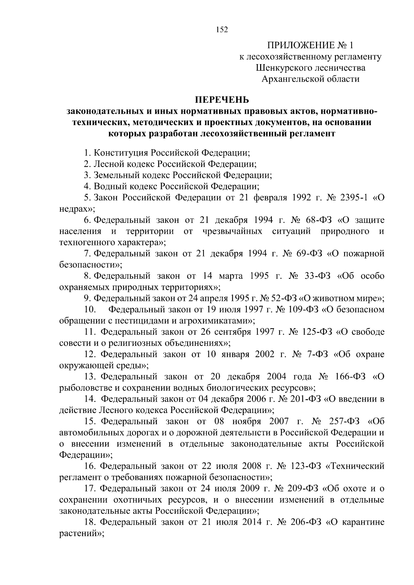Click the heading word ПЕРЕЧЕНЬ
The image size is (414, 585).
[x=222, y=100]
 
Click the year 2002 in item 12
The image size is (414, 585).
[x=265, y=354]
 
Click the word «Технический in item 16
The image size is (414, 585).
[x=355, y=466]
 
